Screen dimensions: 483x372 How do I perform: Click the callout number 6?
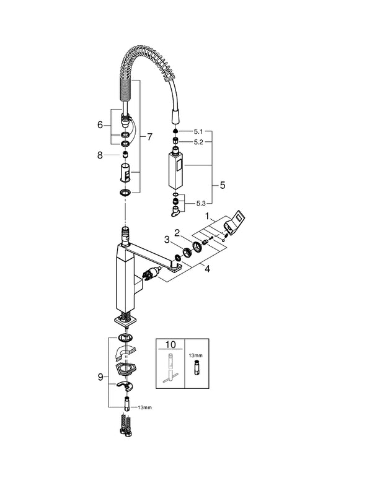pyautogui.click(x=100, y=124)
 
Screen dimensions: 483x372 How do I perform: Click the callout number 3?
pyautogui.click(x=166, y=240)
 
